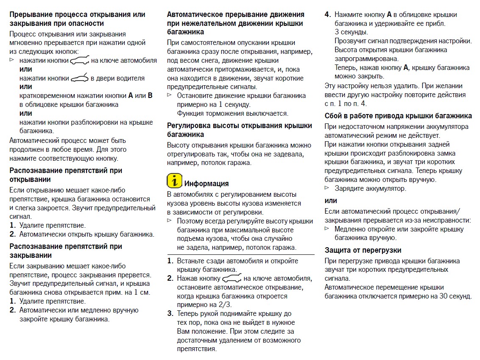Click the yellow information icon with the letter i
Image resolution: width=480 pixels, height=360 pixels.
click(x=174, y=181)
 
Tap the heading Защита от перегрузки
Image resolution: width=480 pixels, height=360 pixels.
click(x=363, y=250)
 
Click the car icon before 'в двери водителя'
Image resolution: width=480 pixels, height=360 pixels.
click(x=80, y=78)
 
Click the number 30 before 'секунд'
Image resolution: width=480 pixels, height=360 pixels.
click(x=437, y=296)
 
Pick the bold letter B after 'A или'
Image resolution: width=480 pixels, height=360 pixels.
click(x=150, y=95)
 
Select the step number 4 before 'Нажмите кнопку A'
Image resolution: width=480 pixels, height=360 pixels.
click(x=327, y=14)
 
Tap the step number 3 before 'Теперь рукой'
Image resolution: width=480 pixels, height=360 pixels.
click(x=170, y=314)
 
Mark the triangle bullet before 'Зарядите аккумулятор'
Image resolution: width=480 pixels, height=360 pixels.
click(x=327, y=188)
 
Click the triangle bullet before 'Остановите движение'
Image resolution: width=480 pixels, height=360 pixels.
click(x=170, y=95)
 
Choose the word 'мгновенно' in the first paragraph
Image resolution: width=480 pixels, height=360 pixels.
click(x=25, y=42)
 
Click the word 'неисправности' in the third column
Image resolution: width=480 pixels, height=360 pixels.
click(x=449, y=220)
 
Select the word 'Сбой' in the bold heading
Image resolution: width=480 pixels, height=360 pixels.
click(x=333, y=116)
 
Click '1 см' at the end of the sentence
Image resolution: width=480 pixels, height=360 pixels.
click(x=142, y=293)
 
